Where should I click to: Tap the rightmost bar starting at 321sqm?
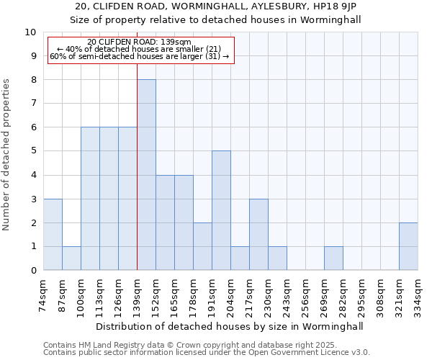[x=408, y=246]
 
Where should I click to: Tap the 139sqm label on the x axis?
[x=138, y=295]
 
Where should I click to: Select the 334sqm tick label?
[x=418, y=295]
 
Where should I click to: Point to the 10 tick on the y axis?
[x=30, y=32]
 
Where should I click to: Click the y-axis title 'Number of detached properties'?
[x=7, y=155]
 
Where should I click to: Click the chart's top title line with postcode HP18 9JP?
[x=216, y=6]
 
